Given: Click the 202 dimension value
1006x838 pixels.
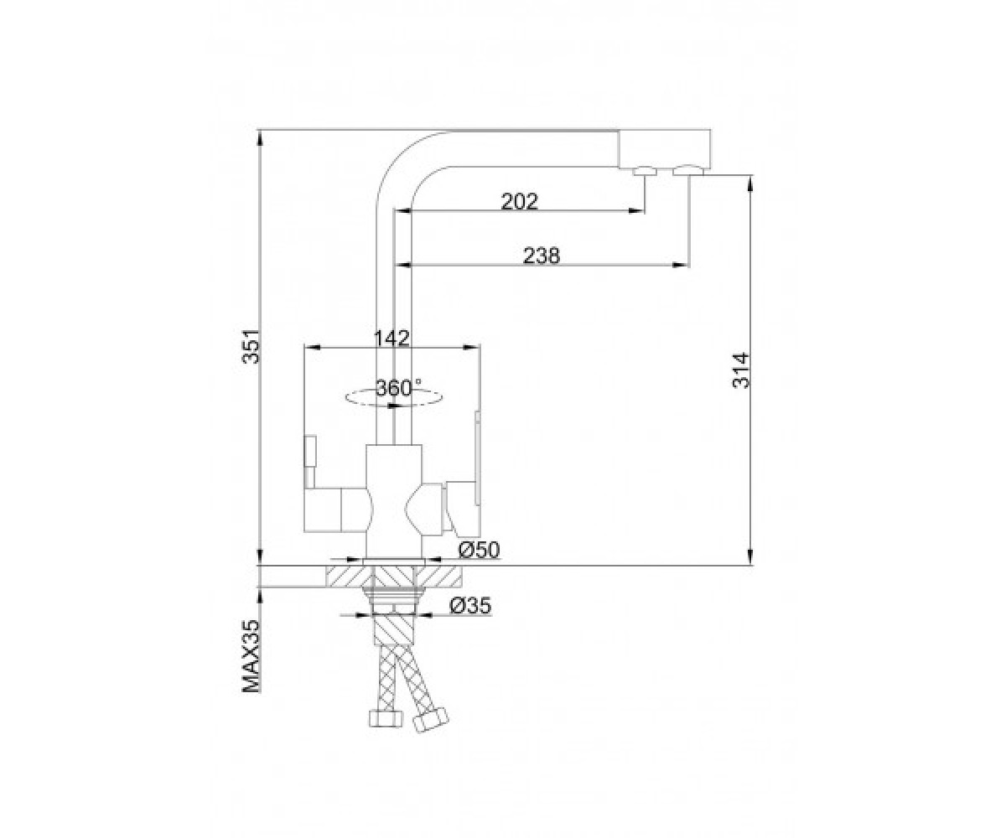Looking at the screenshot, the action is pyautogui.click(x=519, y=201).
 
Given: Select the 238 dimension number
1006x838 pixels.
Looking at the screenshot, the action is pyautogui.click(x=542, y=256).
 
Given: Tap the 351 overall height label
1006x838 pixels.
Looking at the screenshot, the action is pyautogui.click(x=251, y=347).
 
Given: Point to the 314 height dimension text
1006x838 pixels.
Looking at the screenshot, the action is pyautogui.click(x=741, y=370).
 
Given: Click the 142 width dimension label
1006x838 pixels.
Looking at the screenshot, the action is pyautogui.click(x=392, y=338).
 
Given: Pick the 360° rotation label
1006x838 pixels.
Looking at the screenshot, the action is pyautogui.click(x=398, y=388).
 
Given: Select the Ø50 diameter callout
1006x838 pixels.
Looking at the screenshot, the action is pyautogui.click(x=480, y=550).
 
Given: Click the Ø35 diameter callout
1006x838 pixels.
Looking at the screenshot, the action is pyautogui.click(x=470, y=605).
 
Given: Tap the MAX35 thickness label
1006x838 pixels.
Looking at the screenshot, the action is pyautogui.click(x=251, y=656).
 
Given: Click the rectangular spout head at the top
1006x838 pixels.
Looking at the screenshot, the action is pyautogui.click(x=664, y=149).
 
